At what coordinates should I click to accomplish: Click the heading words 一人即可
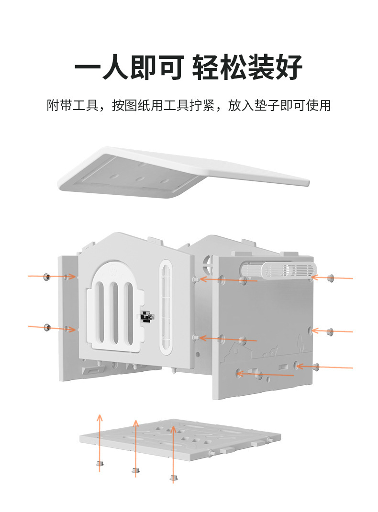click(129, 67)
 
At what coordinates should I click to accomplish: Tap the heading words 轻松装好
click(247, 67)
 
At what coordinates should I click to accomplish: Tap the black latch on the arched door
click(147, 317)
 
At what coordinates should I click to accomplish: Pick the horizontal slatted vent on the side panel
click(287, 269)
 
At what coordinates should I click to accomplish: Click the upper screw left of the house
click(47, 276)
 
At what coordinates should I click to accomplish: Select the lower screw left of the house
click(47, 327)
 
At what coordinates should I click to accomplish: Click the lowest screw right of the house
click(317, 367)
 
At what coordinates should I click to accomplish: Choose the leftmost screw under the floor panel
click(100, 463)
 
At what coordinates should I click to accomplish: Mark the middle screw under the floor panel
click(135, 471)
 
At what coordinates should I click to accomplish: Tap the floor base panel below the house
click(182, 440)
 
